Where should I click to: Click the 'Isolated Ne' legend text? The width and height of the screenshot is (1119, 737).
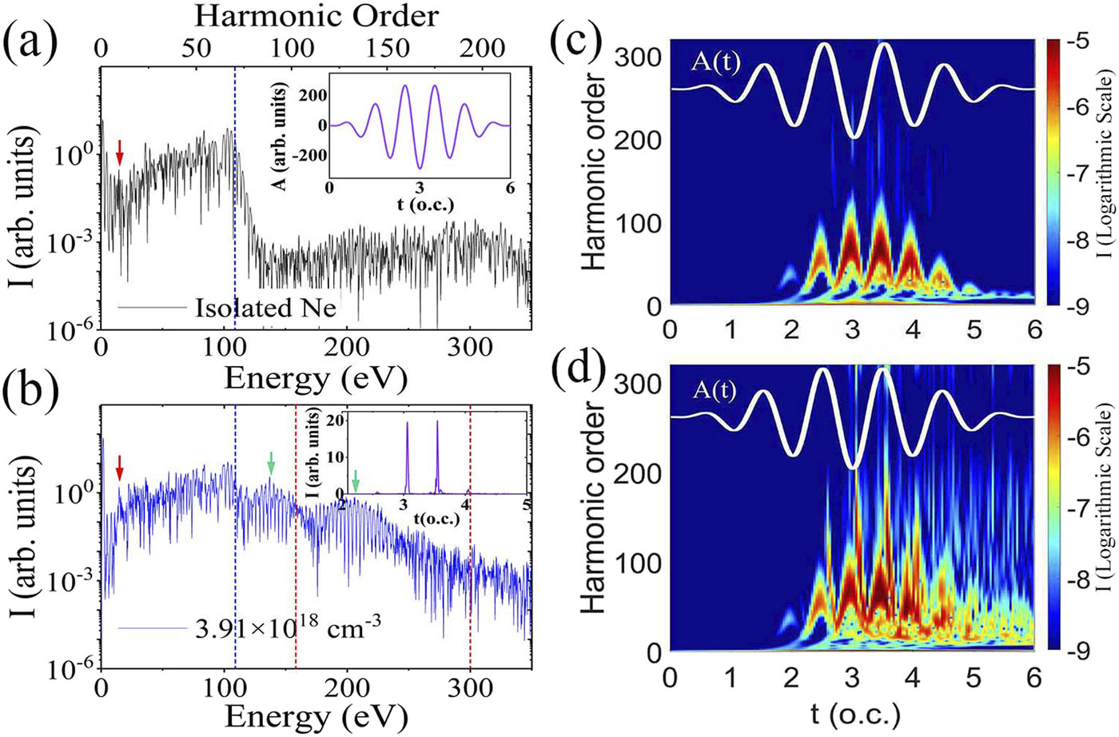(x=265, y=308)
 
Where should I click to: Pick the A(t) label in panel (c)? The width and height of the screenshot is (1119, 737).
(x=716, y=61)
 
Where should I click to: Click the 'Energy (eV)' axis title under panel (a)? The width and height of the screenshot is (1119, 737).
(x=316, y=377)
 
